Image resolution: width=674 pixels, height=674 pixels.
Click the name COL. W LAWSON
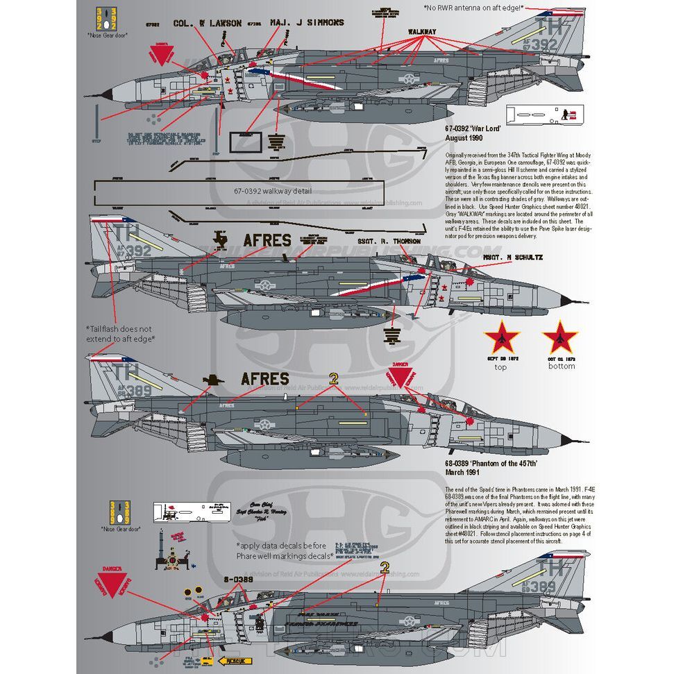click(207, 23)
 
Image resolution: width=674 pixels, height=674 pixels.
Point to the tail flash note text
click(120, 333)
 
